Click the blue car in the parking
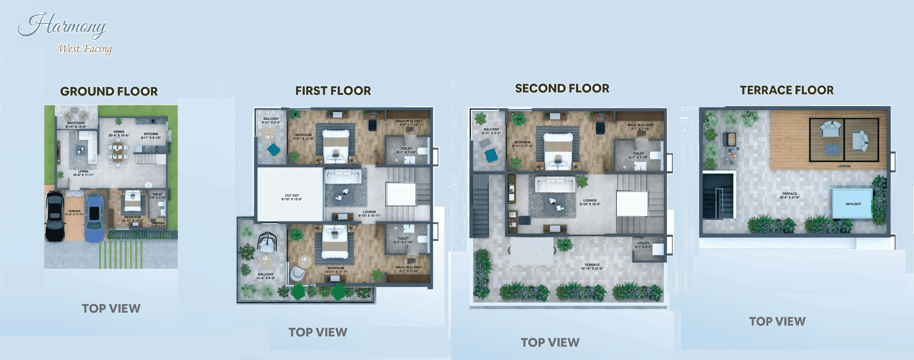click(94, 217)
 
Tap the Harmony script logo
click(63, 25)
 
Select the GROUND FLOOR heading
click(109, 92)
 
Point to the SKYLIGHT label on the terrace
click(853, 204)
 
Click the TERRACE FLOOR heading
click(787, 90)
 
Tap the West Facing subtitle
click(85, 49)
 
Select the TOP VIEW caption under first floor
click(318, 332)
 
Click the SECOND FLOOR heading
click(562, 88)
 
